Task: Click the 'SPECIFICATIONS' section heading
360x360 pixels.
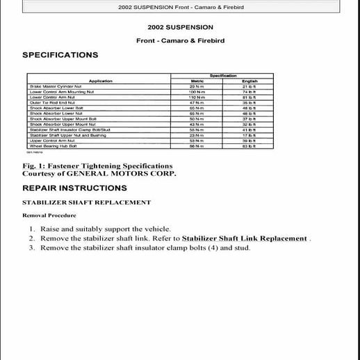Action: tap(60, 55)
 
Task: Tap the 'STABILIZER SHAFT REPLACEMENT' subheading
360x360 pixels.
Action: tap(87, 202)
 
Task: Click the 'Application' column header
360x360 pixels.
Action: tap(101, 81)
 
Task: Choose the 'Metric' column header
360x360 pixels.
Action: tap(197, 81)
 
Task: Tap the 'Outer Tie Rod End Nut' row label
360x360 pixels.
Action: tap(49, 103)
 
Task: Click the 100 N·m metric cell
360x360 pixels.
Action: tap(197, 92)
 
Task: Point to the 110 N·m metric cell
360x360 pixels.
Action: tap(197, 97)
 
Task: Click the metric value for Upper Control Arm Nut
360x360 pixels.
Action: tap(197, 141)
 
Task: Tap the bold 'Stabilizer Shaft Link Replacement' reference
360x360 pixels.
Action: tap(239, 238)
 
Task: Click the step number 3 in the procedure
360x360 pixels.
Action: tap(32, 248)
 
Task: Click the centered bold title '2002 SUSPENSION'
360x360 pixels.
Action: tap(180, 28)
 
